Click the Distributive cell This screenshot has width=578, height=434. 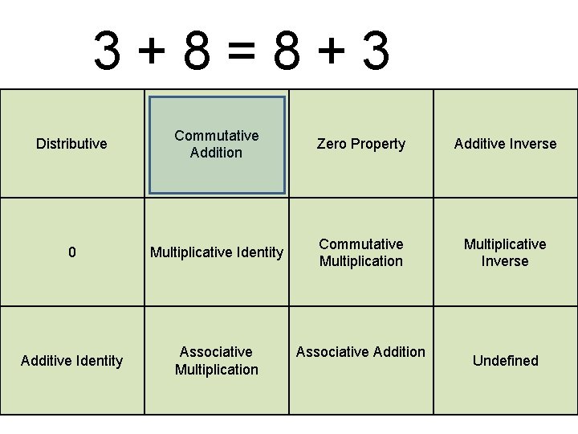coord(71,144)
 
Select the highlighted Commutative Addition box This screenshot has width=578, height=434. coord(217,145)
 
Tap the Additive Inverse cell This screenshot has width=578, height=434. coord(505,144)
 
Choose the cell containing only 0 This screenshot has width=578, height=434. coord(72,252)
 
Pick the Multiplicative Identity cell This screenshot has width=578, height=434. coord(217,252)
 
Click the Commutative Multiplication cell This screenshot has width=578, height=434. coord(361,252)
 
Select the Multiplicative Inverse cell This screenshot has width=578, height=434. coord(505,252)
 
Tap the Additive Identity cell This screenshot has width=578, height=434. coord(71,361)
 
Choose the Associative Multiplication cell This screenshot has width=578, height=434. coord(217,361)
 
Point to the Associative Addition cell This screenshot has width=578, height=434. coord(361,352)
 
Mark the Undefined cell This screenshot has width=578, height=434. coord(505,361)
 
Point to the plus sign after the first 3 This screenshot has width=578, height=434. coord(153,52)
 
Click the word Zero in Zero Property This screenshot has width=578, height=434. coord(332,144)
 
